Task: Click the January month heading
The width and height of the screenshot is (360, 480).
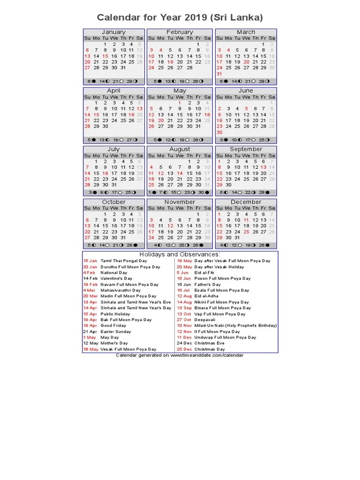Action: point(113,32)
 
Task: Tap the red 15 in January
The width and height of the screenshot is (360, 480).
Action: point(105,56)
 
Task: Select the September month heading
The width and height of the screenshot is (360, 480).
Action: point(246,149)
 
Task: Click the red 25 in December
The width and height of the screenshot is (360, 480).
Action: point(247,232)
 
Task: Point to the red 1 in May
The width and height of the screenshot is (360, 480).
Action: point(180,103)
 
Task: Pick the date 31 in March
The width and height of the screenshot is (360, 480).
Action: point(219,74)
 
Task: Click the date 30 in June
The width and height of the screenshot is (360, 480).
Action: point(219,132)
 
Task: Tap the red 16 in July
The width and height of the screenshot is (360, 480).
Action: point(105,173)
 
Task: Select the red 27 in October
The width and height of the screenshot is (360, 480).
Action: point(87,238)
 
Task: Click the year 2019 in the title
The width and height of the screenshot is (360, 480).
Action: point(196,18)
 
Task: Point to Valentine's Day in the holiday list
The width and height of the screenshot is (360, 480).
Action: point(117,278)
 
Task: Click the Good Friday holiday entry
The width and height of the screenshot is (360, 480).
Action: point(113,325)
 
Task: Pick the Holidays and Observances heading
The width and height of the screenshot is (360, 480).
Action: point(180,254)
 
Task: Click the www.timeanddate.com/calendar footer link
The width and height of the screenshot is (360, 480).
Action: point(207,355)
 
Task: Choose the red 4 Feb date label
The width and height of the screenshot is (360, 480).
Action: point(89,272)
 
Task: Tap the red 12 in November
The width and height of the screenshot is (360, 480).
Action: point(170,226)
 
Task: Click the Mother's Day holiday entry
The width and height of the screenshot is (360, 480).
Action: point(114,343)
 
